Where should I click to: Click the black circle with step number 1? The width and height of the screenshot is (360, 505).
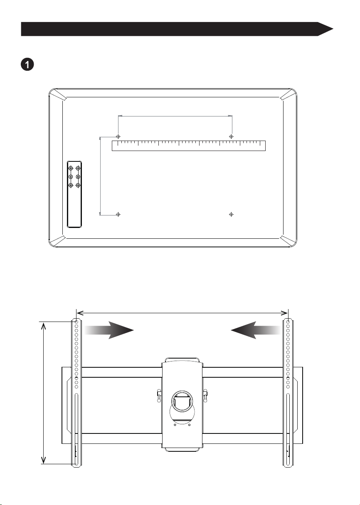pos(27,65)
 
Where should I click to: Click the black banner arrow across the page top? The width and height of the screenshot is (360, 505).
pos(177,29)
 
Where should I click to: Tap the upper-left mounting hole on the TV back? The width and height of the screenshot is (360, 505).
pos(118,136)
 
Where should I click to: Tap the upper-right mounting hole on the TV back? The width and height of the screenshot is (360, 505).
pos(232,136)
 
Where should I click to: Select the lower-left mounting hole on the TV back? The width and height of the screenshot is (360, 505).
pos(118,214)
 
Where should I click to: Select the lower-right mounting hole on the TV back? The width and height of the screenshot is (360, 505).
pos(232,214)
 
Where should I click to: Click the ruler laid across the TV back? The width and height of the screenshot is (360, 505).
pos(189,146)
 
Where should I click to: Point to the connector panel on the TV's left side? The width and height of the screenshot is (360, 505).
pos(74,194)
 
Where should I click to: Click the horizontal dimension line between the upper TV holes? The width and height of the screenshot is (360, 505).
pos(175,116)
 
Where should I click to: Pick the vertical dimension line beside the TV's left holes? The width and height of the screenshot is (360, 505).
pos(100,176)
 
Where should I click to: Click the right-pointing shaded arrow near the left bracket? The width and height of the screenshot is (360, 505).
pos(109,330)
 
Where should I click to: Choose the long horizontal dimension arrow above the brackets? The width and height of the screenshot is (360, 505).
pos(182,313)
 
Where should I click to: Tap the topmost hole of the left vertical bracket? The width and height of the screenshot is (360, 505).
pos(76,322)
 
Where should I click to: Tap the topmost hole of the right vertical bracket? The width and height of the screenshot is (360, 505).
pos(288,322)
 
